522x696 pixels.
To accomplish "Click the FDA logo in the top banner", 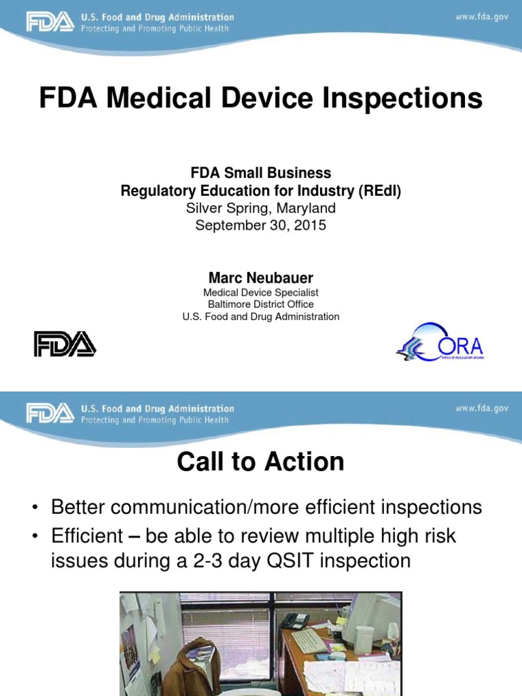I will pos(50,22).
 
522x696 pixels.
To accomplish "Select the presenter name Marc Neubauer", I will pos(261,278).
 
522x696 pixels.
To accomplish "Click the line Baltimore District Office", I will pos(261,304).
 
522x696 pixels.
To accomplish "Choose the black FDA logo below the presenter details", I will pos(65,344).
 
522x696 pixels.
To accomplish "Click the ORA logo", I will pos(440,343).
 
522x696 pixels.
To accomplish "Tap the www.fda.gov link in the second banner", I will pos(482,408).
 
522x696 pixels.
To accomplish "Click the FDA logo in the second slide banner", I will pos(50,413).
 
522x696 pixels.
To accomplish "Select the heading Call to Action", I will pos(261,462).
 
